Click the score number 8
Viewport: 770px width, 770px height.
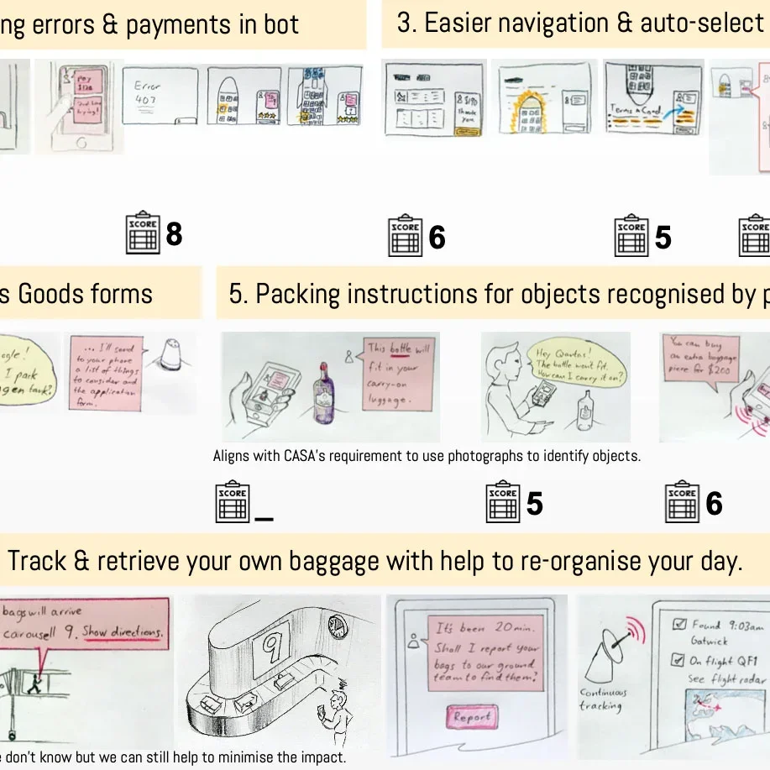[x=174, y=233]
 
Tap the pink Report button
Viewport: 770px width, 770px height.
[x=472, y=717]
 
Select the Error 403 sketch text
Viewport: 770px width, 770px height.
[x=148, y=91]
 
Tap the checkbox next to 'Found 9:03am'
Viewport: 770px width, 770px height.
[x=681, y=625]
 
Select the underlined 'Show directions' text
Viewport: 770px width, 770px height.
[x=123, y=631]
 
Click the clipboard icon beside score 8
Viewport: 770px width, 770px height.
[x=143, y=234]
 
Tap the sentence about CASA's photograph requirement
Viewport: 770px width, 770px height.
[x=427, y=457]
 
